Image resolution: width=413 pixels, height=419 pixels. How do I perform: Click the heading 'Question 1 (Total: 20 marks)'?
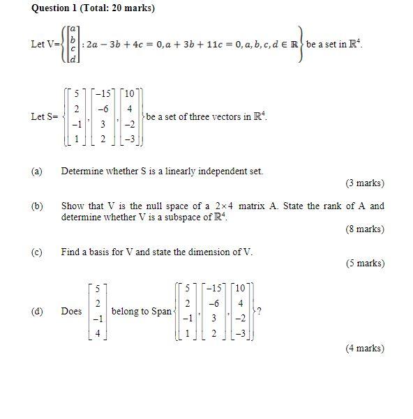(x=93, y=8)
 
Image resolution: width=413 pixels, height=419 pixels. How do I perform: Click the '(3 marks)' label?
(x=364, y=183)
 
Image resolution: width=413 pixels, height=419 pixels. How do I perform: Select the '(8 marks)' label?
(x=364, y=229)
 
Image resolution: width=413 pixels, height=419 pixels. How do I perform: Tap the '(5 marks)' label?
(x=364, y=264)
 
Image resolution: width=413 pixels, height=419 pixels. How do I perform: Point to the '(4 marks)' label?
(x=364, y=349)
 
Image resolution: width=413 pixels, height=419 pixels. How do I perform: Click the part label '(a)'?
(x=36, y=171)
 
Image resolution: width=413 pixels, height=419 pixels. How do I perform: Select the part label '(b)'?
(x=36, y=206)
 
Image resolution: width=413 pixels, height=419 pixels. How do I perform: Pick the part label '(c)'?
(x=36, y=252)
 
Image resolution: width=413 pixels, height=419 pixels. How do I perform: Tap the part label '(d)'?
(x=36, y=312)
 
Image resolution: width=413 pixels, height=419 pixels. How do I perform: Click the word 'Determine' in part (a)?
(x=82, y=171)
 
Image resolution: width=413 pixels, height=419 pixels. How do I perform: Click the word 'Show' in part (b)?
(x=73, y=206)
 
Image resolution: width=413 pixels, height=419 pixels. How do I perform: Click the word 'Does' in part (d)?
(x=71, y=312)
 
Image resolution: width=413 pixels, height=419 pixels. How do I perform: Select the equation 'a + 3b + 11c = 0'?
(x=191, y=44)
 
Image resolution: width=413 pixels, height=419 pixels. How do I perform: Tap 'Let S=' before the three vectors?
(x=44, y=116)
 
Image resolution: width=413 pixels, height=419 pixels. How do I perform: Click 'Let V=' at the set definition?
(x=44, y=44)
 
